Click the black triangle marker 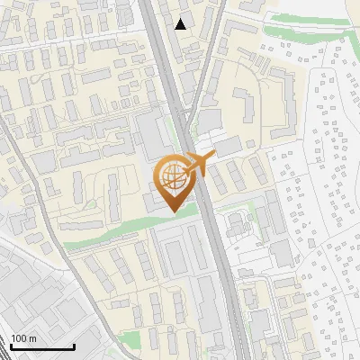(181, 24)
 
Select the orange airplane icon (202, 162)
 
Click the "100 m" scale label (24, 337)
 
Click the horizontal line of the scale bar (42, 346)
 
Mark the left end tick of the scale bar (11, 345)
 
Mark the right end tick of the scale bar (74, 345)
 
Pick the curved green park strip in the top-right (306, 19)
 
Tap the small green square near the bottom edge (131, 340)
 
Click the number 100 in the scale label (20, 337)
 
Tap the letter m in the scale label (34, 337)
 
